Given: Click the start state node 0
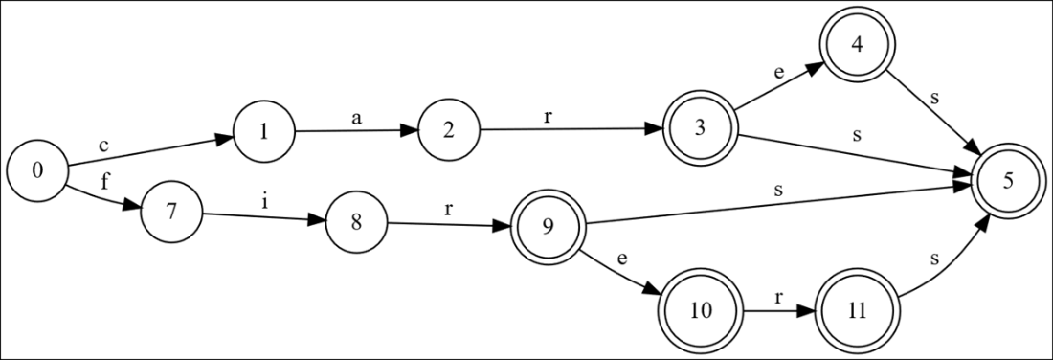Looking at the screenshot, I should tap(37, 171).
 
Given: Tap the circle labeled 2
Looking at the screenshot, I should tap(449, 131).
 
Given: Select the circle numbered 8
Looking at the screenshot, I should tap(357, 224).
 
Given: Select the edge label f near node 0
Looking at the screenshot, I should tap(104, 181).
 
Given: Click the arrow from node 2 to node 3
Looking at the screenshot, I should tap(574, 131).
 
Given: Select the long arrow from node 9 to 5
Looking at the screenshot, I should tap(775, 208).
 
